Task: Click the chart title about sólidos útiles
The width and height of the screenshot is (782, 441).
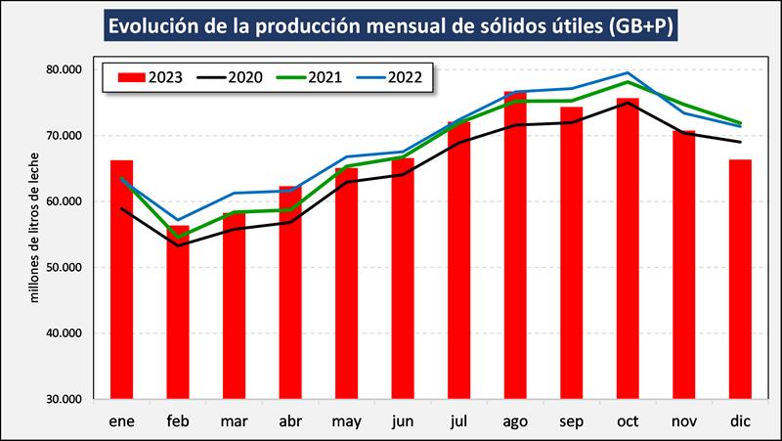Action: coord(392,24)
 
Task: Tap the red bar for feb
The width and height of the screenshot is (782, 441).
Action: coord(178,312)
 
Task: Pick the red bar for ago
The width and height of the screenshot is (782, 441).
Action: coord(515,244)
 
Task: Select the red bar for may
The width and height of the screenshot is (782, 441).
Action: coord(346,284)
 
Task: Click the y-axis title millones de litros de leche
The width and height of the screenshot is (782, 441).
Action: coord(35,227)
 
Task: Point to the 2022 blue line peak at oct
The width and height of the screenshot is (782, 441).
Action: coord(628,73)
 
